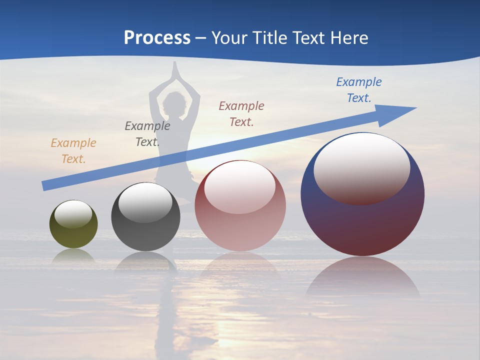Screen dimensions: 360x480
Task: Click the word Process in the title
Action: [x=157, y=38]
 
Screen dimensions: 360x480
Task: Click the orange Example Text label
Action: [x=73, y=151]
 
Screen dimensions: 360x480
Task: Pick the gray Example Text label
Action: [x=147, y=134]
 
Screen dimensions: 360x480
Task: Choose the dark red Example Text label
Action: [x=241, y=113]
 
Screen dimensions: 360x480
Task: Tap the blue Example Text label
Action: [x=359, y=90]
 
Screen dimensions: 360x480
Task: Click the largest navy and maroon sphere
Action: [x=362, y=220]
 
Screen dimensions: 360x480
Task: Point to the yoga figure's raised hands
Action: [x=174, y=72]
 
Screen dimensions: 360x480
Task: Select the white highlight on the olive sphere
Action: [x=73, y=214]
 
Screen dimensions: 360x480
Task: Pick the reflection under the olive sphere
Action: [x=73, y=255]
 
